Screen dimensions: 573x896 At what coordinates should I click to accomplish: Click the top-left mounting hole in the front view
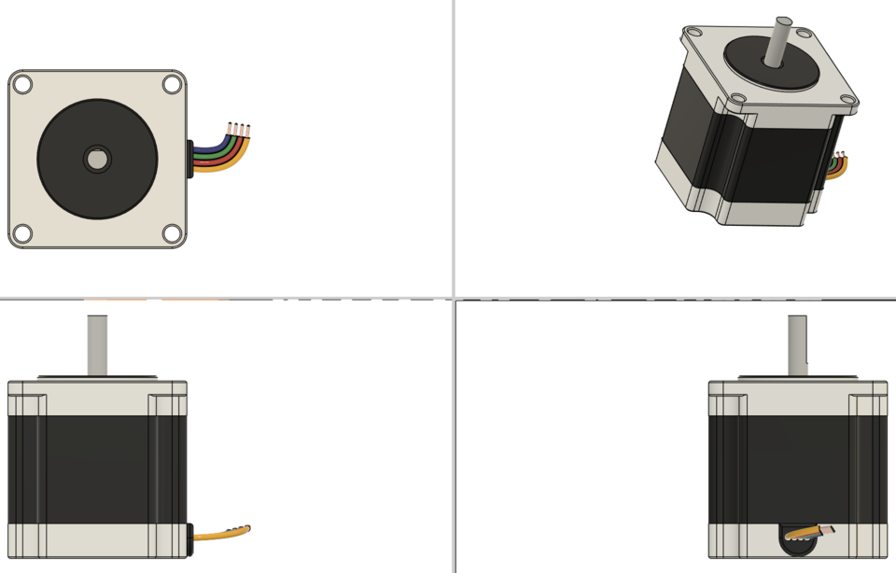click(22, 84)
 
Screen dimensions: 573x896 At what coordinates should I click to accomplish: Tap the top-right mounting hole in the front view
click(172, 84)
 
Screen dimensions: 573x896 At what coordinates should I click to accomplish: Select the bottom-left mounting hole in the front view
click(22, 233)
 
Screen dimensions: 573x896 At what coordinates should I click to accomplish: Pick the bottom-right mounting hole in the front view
click(172, 233)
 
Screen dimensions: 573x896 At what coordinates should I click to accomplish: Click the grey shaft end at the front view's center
click(97, 160)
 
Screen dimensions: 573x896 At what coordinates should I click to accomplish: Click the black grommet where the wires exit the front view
click(190, 159)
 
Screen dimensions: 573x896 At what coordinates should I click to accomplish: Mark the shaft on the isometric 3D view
click(777, 41)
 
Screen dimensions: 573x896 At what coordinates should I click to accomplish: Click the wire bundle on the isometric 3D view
click(839, 166)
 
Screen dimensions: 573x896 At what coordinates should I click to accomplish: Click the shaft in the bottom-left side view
click(97, 344)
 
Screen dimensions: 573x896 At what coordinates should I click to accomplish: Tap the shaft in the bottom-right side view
click(797, 344)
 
